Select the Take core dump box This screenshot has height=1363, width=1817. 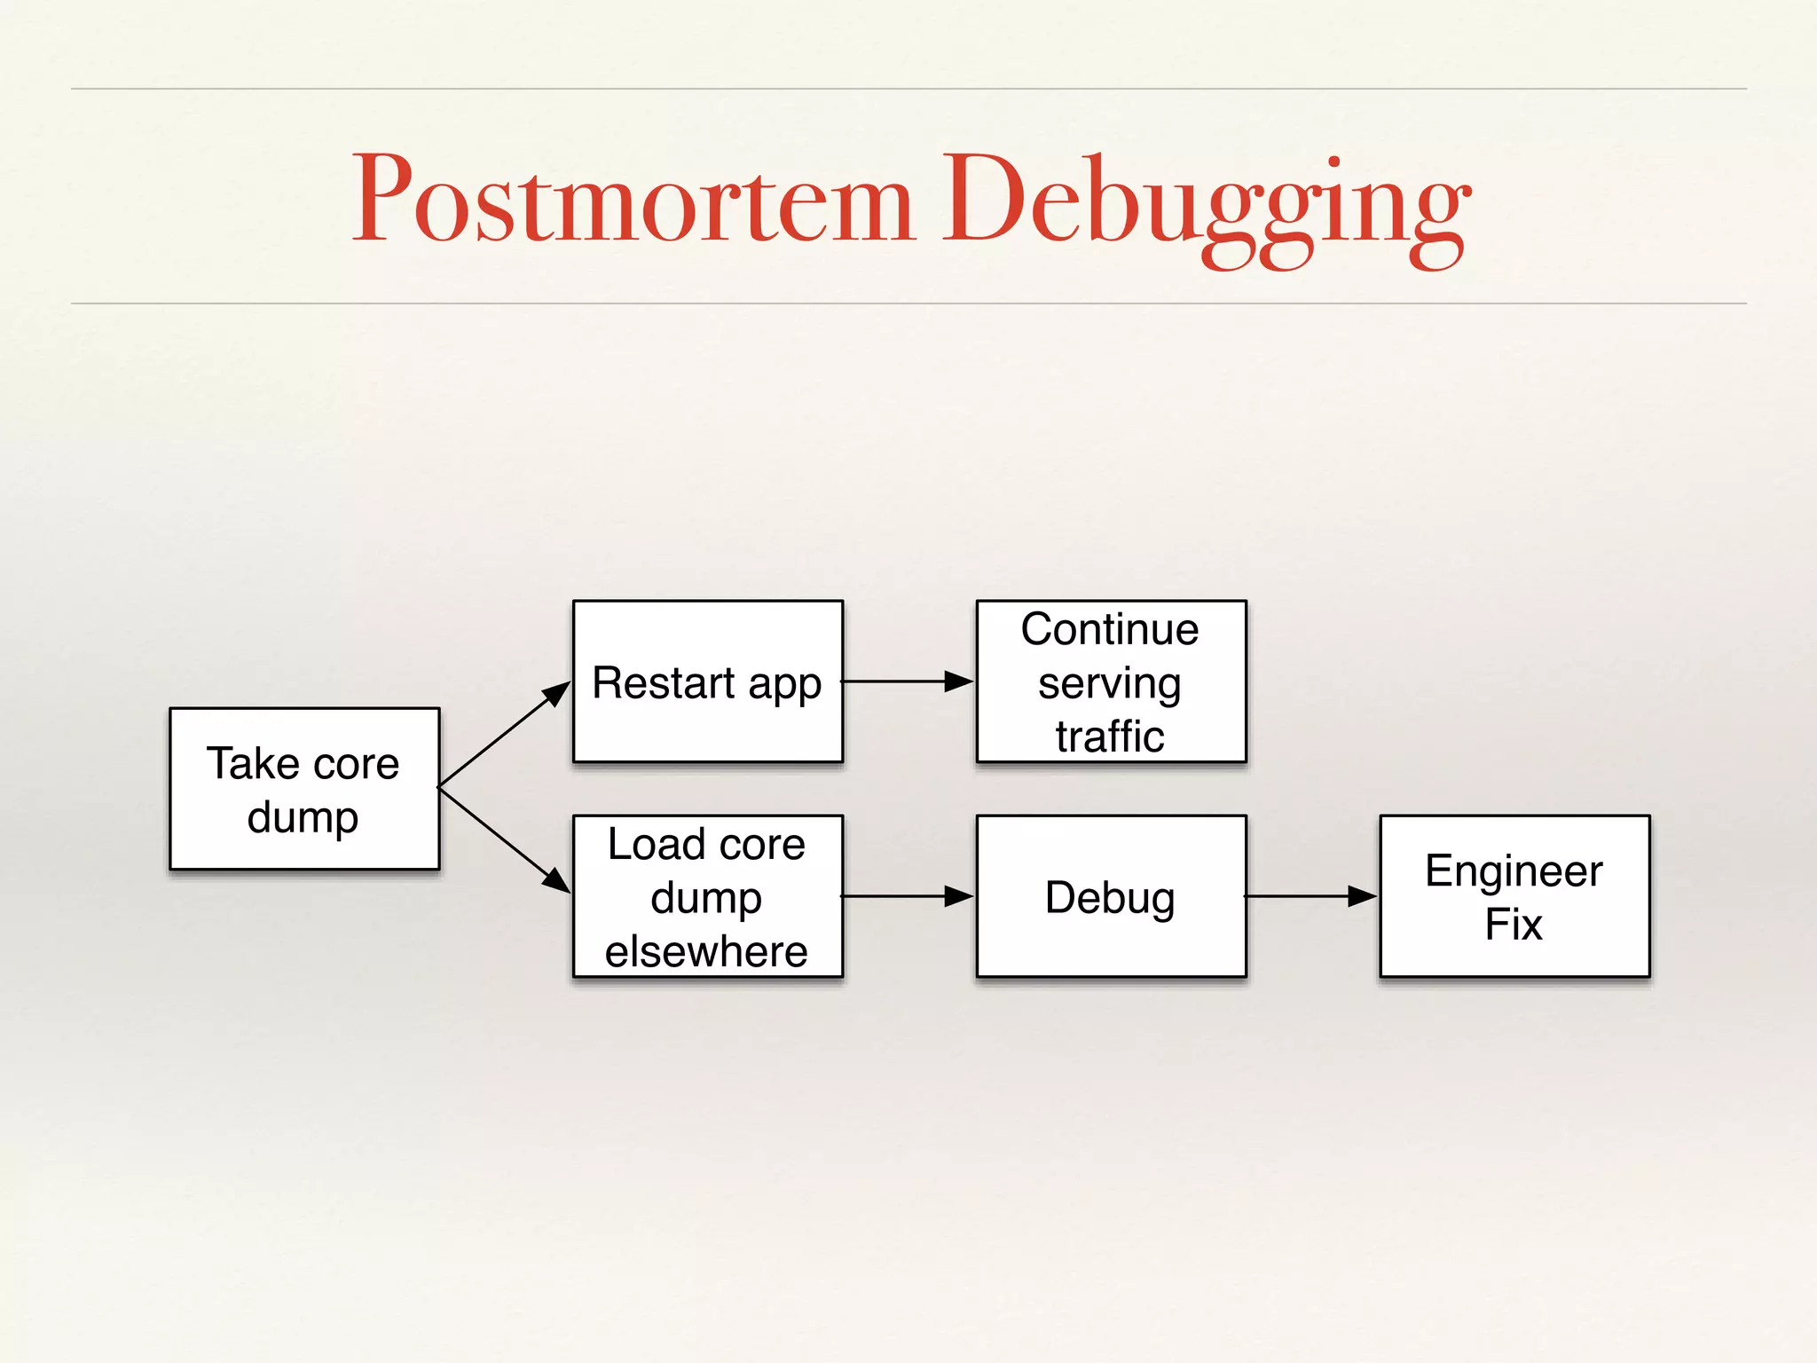304,789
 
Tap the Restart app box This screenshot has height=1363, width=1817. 707,681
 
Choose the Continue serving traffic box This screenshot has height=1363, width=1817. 1111,681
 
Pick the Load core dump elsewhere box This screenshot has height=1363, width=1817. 707,896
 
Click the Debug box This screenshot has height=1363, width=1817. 1111,896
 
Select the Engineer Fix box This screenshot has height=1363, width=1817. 1514,896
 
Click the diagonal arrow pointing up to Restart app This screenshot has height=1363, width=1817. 504,735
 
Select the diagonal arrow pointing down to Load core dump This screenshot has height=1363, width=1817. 504,839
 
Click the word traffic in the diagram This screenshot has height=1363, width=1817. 1110,737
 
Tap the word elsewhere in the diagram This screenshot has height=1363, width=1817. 706,951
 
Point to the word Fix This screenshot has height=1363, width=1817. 1514,925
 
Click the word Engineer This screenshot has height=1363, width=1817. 1514,871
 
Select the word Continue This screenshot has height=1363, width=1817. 1110,629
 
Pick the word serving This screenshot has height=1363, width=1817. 1110,684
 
